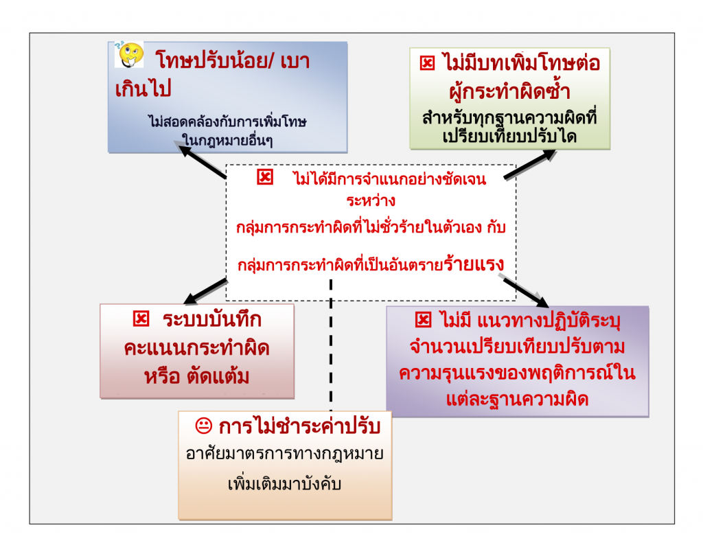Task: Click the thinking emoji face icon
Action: click(x=129, y=54)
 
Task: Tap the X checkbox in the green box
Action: click(x=427, y=64)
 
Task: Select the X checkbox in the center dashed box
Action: click(x=264, y=178)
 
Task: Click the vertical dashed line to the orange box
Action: click(x=331, y=343)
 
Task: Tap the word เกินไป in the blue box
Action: click(x=143, y=90)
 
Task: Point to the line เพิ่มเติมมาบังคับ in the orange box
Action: click(x=284, y=483)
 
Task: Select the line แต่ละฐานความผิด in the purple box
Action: click(x=517, y=399)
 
